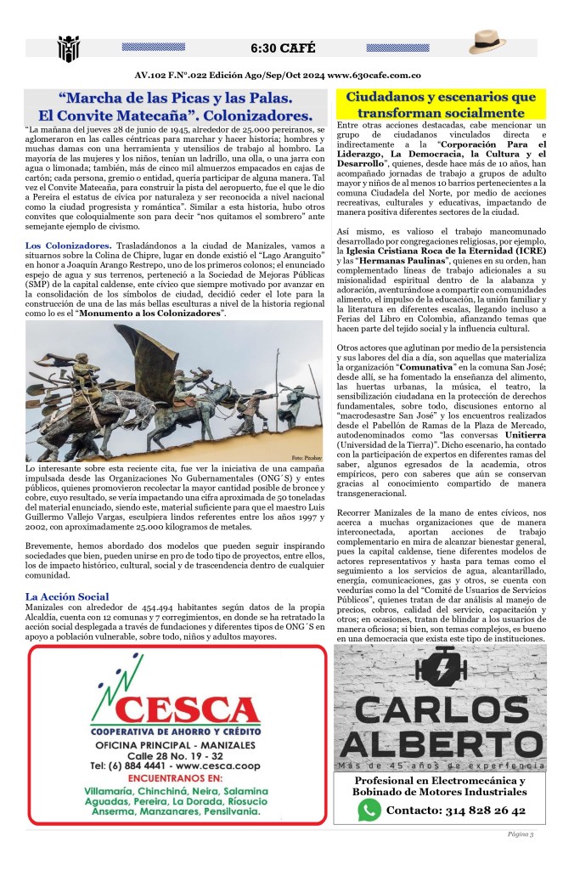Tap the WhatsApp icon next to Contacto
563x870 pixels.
tap(369, 810)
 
